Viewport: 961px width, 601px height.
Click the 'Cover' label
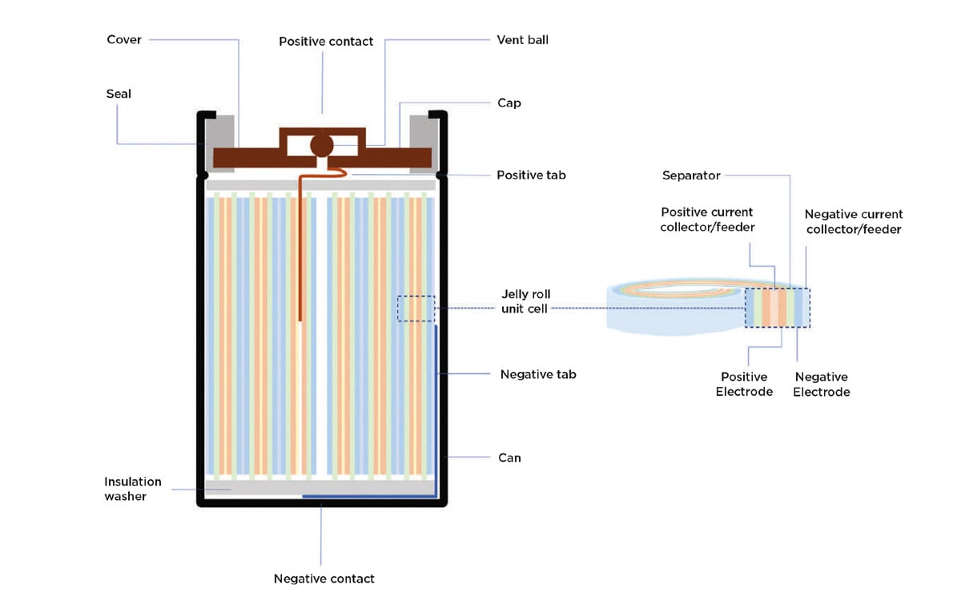tap(124, 39)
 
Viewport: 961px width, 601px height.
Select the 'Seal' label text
tap(119, 94)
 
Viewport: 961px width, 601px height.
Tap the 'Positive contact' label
tap(326, 41)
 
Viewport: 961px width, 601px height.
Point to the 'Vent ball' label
tap(523, 39)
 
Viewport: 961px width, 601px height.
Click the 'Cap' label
tap(509, 103)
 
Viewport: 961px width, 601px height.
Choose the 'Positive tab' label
tap(531, 174)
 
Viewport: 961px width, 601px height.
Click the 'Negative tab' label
tap(538, 374)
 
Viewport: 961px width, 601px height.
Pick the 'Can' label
tap(509, 458)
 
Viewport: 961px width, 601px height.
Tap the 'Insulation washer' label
tap(133, 489)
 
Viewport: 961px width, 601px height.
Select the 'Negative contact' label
tap(324, 578)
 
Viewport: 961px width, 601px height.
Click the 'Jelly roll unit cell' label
tap(525, 301)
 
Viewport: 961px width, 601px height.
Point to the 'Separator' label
tap(691, 175)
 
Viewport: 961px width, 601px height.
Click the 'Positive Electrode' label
tap(744, 384)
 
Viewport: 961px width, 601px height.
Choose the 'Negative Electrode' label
tap(821, 384)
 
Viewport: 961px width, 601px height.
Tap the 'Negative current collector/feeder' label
tap(854, 222)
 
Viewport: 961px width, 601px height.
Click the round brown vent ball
tap(322, 145)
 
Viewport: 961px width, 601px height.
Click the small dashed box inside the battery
tap(416, 309)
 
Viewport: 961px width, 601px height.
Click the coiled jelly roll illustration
tap(677, 305)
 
